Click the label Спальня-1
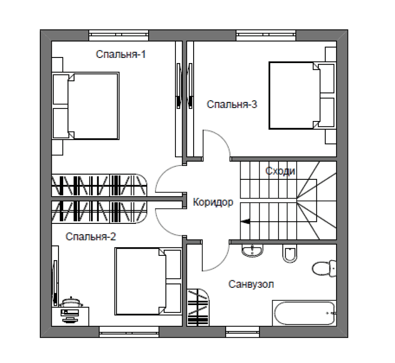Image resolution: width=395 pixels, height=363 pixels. tap(120, 54)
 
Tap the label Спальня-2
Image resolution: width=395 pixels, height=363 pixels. tap(91, 236)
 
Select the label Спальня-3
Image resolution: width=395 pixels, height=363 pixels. tap(232, 104)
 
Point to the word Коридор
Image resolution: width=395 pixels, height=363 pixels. tap(213, 202)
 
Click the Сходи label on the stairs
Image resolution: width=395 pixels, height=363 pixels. tap(280, 171)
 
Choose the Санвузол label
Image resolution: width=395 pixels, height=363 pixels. tap(251, 284)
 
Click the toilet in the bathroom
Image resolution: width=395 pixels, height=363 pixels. tap(324, 268)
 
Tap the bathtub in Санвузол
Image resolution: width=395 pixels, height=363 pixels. tap(304, 313)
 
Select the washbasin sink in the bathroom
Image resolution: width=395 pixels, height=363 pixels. tap(252, 251)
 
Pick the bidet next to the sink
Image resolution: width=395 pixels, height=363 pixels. tap(290, 253)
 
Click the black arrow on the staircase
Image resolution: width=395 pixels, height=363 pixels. tap(245, 221)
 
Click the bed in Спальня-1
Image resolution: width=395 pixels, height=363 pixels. tap(85, 106)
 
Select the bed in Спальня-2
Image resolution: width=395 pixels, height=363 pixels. tap(148, 281)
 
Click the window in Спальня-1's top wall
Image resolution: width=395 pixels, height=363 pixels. tap(118, 35)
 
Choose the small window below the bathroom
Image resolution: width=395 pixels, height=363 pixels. tap(243, 331)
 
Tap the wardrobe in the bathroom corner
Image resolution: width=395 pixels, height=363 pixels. tap(198, 307)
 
